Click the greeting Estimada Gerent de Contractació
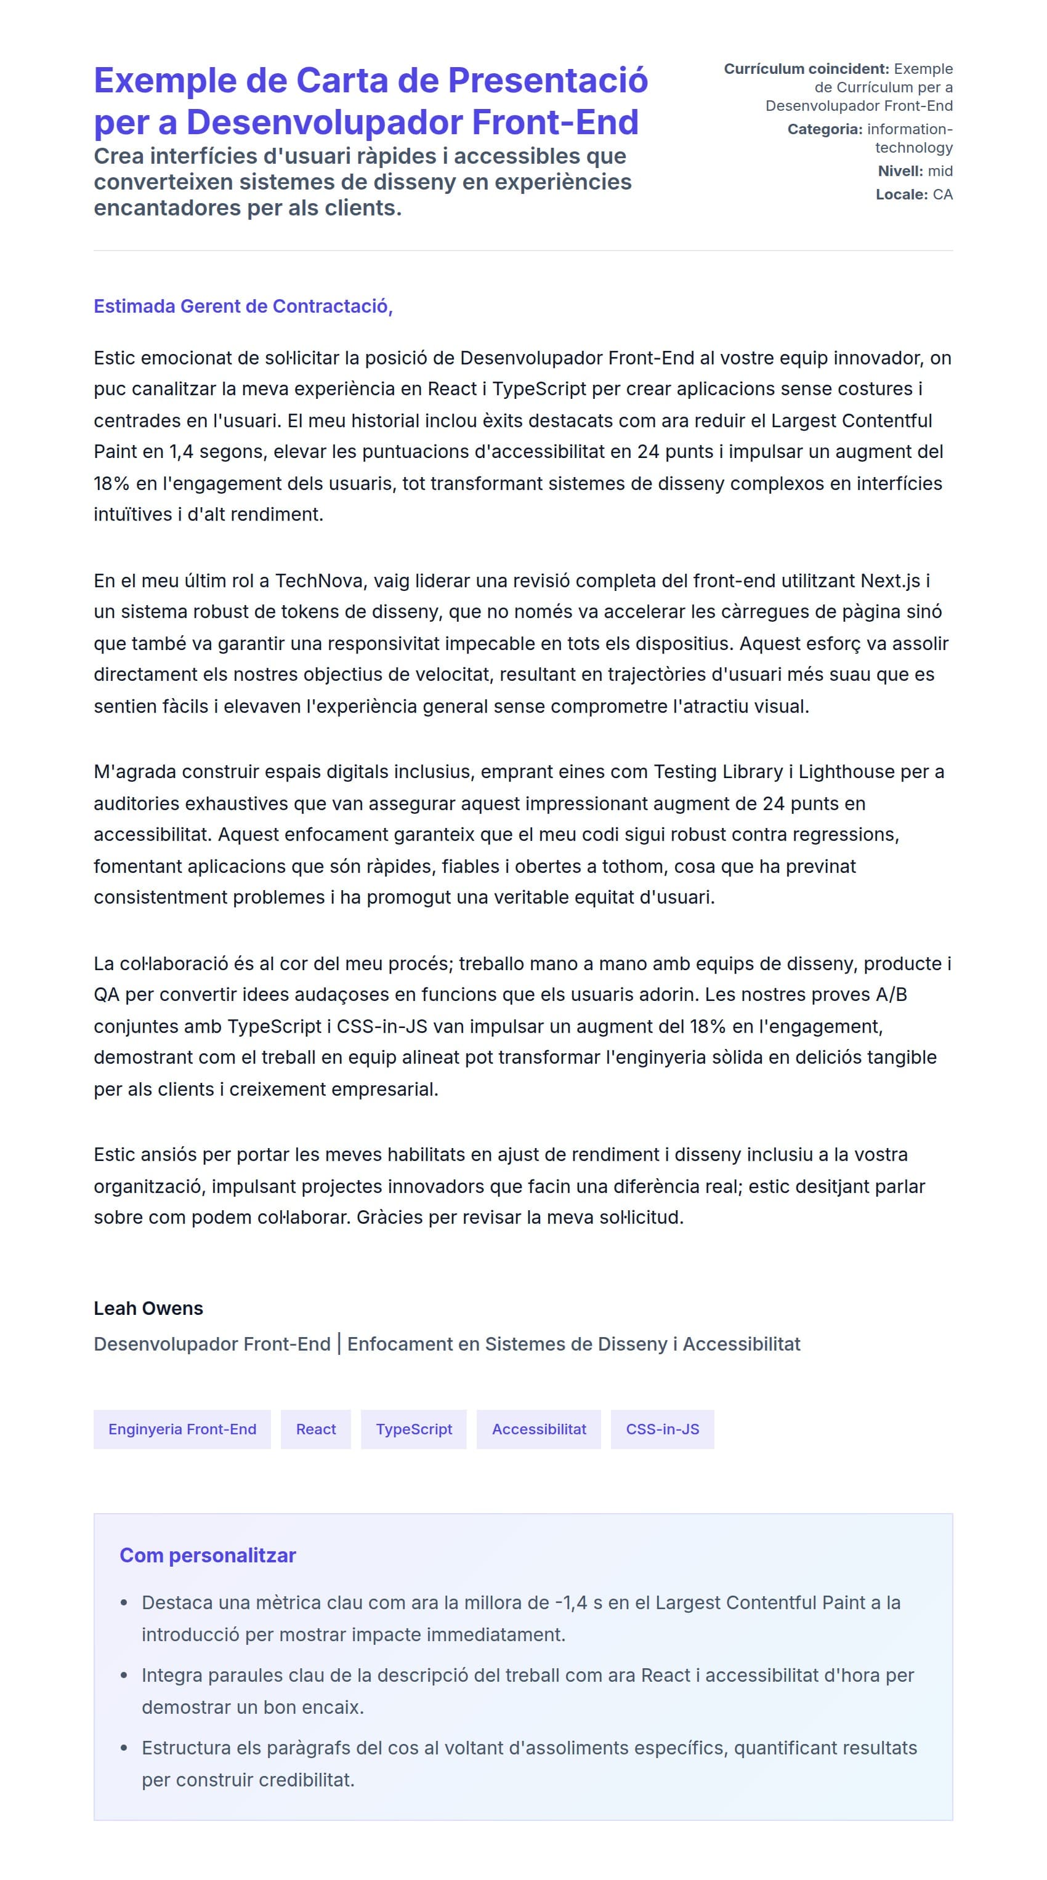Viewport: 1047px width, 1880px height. tap(243, 307)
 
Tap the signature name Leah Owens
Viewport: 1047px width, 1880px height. tap(148, 1308)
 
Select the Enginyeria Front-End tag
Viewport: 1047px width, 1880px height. tap(182, 1429)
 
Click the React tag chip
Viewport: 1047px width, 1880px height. tap(315, 1429)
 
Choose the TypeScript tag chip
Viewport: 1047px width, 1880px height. tap(413, 1429)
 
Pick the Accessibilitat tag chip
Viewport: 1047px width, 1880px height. tap(538, 1429)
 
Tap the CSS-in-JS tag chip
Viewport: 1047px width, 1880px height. tap(661, 1429)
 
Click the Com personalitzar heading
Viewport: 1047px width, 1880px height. tap(208, 1555)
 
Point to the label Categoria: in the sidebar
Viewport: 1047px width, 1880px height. tap(824, 129)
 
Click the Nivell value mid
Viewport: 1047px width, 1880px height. tap(940, 171)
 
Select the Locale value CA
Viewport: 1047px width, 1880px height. tap(942, 194)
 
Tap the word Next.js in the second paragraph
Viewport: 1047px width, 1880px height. tap(890, 581)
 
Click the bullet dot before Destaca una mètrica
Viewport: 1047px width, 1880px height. tap(124, 1602)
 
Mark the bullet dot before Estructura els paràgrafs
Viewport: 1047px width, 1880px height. tap(124, 1748)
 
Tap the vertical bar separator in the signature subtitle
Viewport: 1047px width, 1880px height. tap(339, 1344)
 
